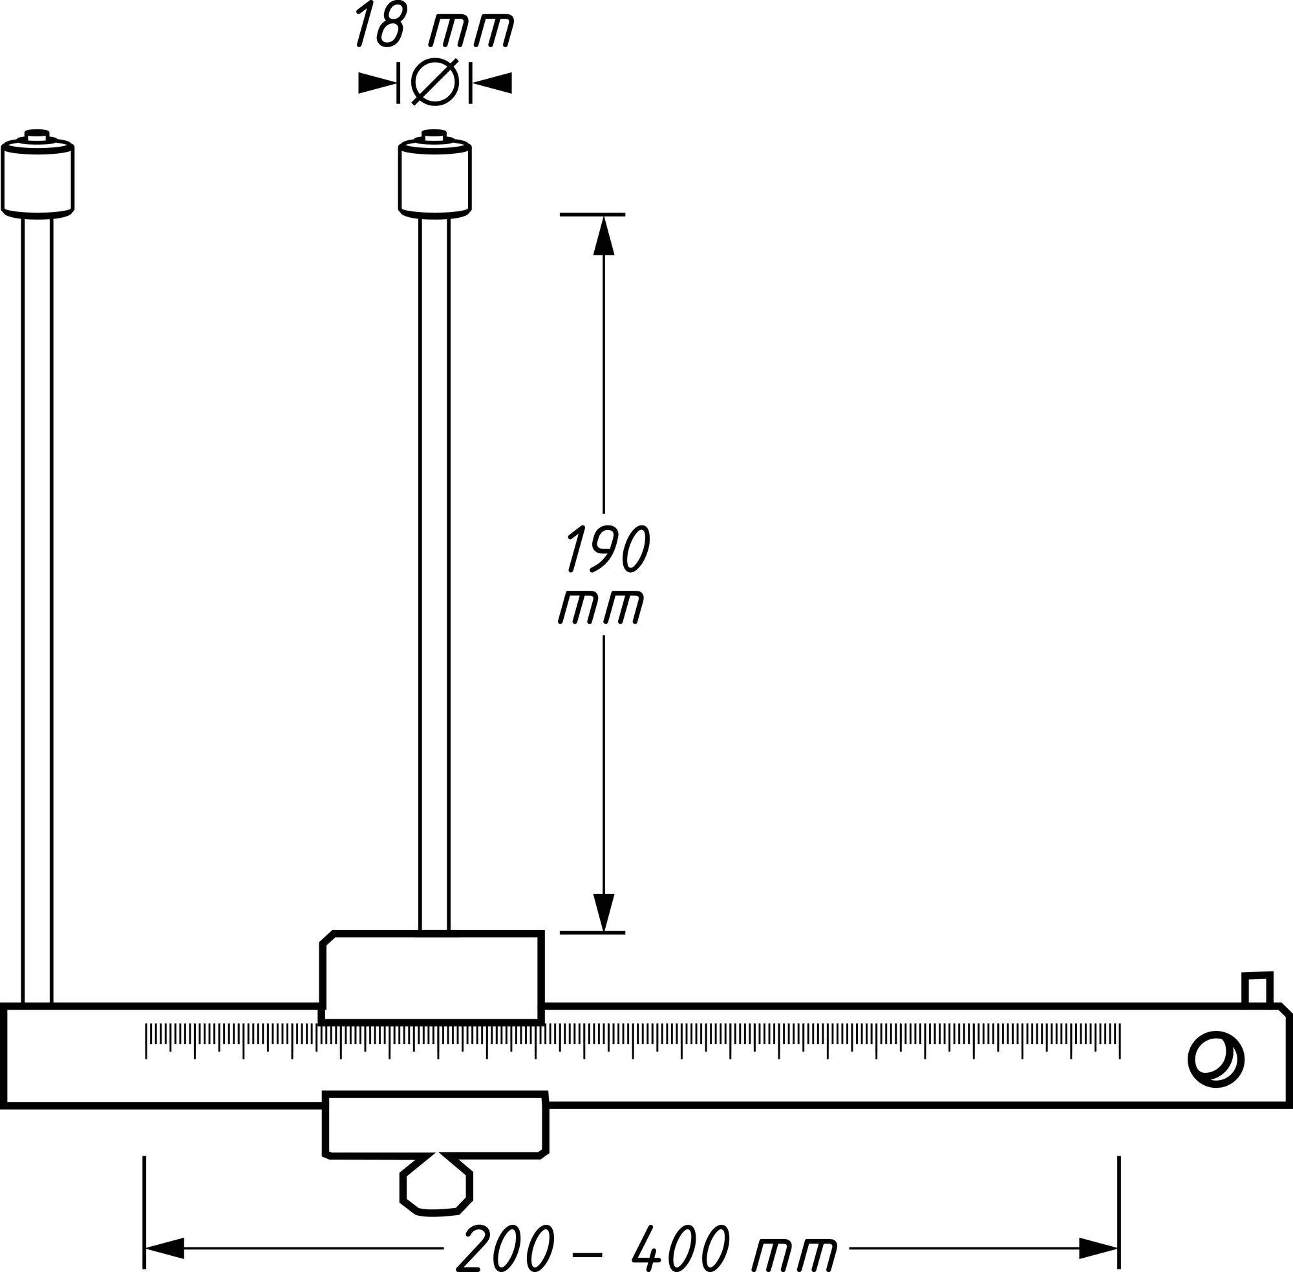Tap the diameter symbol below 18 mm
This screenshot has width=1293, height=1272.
coord(434,82)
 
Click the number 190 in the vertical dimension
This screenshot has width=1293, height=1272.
coord(607,549)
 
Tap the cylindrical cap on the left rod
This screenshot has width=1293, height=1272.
coord(37,179)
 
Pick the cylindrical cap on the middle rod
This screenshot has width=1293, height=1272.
coord(434,179)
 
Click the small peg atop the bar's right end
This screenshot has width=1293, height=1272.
coord(1257,990)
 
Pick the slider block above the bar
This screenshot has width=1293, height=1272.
coord(432,975)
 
